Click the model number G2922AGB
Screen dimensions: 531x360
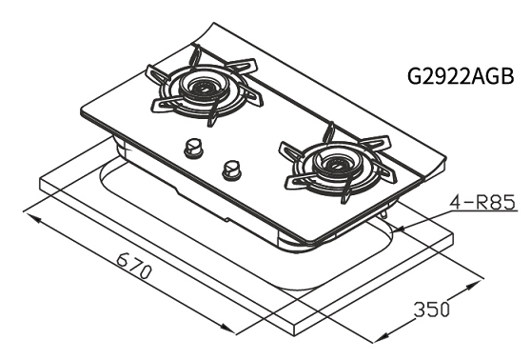(x=461, y=76)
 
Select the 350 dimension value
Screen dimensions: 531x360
(x=432, y=309)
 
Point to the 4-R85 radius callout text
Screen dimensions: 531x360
(x=482, y=202)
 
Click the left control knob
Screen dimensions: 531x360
(x=193, y=148)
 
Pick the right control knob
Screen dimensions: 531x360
(x=231, y=169)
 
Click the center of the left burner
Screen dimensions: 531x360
(x=203, y=89)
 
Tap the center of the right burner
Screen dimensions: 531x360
(x=335, y=165)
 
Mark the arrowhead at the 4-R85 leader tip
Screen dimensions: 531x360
(x=402, y=230)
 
